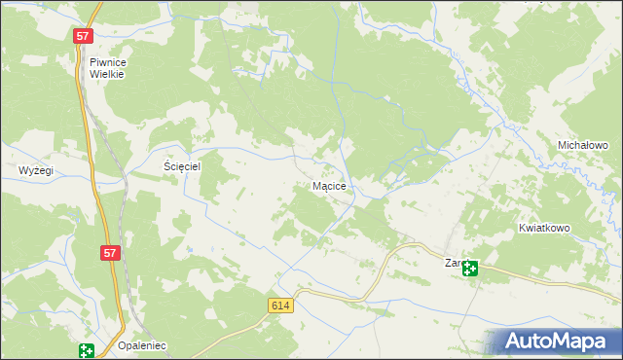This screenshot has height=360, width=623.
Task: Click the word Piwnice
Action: [108, 60]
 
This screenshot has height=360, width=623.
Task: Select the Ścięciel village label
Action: [181, 166]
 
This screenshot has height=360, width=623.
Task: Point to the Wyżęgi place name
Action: [36, 170]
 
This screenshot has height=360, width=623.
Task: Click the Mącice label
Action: [330, 185]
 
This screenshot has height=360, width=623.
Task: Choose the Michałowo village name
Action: [582, 145]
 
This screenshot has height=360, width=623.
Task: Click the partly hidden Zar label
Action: [453, 263]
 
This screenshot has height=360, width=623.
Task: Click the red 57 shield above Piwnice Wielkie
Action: [83, 36]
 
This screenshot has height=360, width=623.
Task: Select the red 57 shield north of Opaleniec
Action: [110, 253]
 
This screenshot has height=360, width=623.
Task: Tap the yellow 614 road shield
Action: [281, 306]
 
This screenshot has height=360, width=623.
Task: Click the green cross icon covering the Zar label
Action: [471, 269]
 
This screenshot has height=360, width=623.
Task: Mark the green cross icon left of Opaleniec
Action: [87, 351]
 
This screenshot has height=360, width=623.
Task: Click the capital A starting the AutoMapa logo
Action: [517, 341]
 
